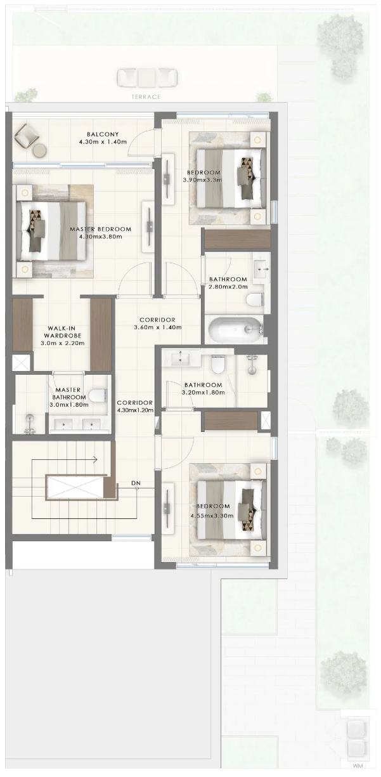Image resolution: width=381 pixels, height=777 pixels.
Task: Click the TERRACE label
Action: coord(146,97)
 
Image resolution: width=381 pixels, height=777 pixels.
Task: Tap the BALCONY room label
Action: coord(103,134)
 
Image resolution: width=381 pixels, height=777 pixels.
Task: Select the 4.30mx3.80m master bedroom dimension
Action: coord(101,237)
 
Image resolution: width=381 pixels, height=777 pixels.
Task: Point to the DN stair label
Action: coord(136,483)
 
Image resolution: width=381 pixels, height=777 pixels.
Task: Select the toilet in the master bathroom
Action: coord(98,395)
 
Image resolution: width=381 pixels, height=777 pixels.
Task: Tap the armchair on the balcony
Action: coord(27,136)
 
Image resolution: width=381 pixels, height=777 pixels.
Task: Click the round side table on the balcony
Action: coord(39,150)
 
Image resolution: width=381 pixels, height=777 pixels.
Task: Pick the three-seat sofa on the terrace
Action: coord(147,77)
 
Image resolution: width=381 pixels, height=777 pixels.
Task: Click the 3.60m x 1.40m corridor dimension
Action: coord(158,327)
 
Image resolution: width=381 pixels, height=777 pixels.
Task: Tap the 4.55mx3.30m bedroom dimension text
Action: coord(212,516)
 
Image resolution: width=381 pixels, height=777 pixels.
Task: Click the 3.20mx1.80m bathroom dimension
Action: coord(203,393)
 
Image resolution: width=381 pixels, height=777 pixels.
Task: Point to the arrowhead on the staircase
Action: coord(95,460)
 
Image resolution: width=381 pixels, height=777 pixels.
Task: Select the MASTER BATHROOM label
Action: coord(69,394)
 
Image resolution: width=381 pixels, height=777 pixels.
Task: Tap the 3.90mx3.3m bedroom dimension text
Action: coord(202,180)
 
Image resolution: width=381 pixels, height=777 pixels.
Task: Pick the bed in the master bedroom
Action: coord(51,231)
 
